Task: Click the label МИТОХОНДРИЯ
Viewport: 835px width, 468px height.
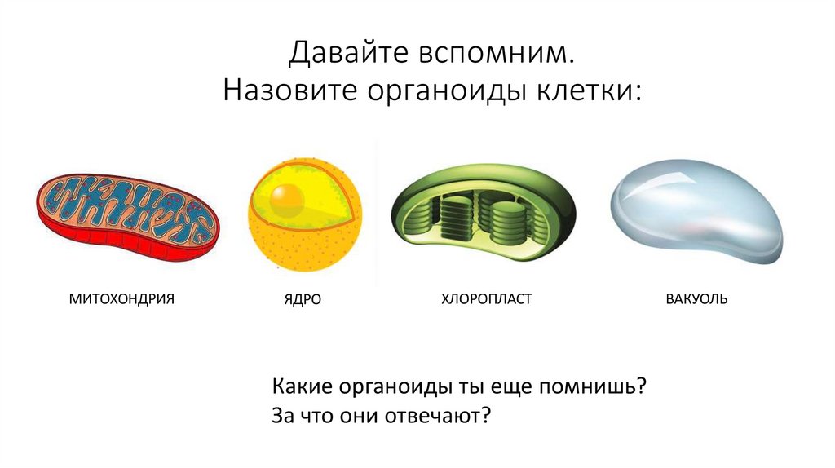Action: tap(122, 298)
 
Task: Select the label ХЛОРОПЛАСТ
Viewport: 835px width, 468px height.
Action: tap(486, 299)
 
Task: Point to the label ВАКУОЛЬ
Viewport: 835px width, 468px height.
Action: tap(696, 299)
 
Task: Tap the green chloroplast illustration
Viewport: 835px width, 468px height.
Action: tap(483, 210)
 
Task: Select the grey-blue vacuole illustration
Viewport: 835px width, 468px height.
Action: tap(697, 210)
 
